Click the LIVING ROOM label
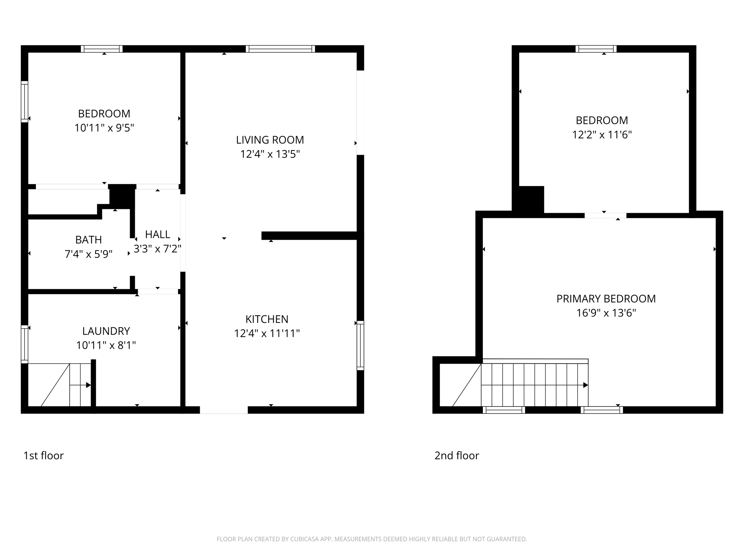click(270, 140)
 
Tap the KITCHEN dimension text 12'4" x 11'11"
click(267, 333)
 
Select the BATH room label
click(89, 240)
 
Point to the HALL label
click(158, 234)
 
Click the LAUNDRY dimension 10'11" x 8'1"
click(106, 345)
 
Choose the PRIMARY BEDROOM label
click(606, 299)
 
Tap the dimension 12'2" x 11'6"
click(602, 135)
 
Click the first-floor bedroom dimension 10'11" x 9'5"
click(104, 128)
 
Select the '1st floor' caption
click(44, 456)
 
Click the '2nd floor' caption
click(457, 456)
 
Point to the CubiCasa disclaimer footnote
click(372, 539)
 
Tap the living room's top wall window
click(280, 49)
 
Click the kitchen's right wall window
click(360, 345)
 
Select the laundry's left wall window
click(24, 344)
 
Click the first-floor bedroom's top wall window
click(102, 49)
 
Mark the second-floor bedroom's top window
click(596, 49)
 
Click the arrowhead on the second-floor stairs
click(586, 385)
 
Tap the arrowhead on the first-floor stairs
click(88, 385)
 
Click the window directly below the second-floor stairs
click(504, 410)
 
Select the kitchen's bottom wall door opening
click(224, 410)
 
